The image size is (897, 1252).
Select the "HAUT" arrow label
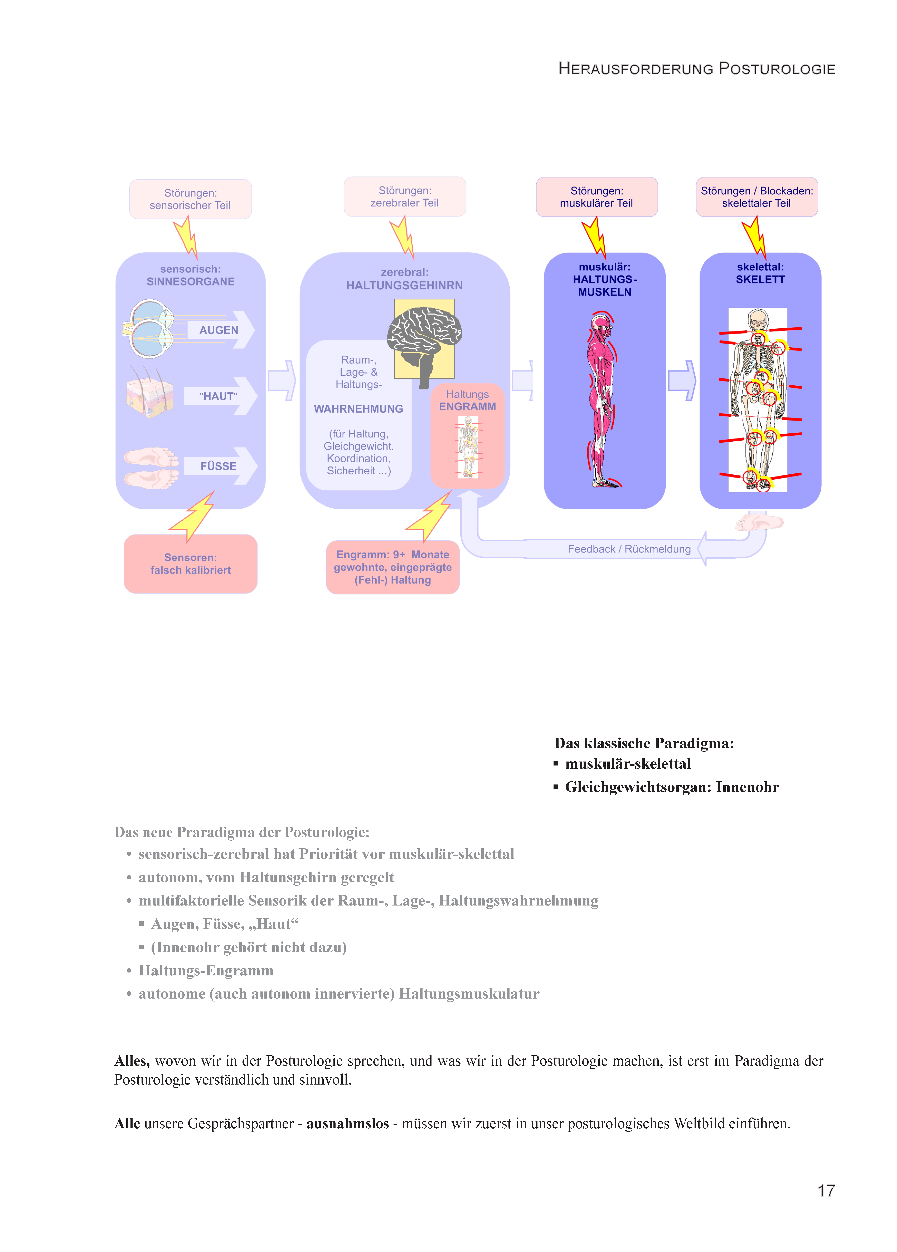[219, 396]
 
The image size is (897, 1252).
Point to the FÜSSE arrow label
[219, 466]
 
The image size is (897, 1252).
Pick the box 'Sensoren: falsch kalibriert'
[190, 564]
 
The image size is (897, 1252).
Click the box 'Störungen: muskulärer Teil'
[597, 197]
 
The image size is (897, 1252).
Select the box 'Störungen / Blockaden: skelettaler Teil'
[757, 197]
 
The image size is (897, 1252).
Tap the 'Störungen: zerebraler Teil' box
[405, 196]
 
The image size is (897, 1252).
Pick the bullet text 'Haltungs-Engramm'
[206, 970]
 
